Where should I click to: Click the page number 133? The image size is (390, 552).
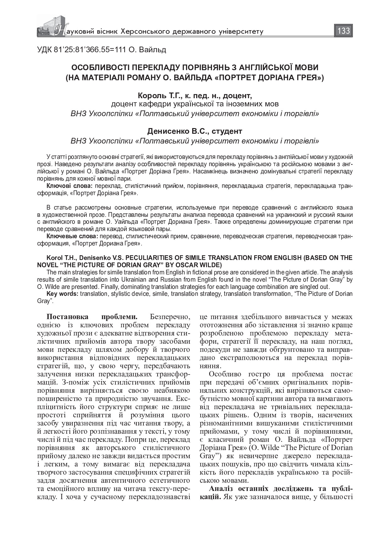coord(343,31)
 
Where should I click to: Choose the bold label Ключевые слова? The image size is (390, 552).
coord(72,236)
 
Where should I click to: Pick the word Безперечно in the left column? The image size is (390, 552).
coord(170,316)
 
